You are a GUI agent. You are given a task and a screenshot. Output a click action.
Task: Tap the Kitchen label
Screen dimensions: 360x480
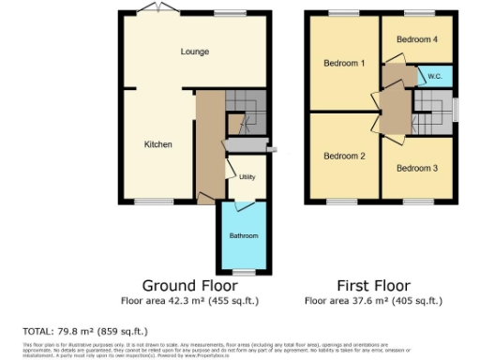[x=157, y=144]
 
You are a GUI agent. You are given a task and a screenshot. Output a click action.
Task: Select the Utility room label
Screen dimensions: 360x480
[x=247, y=177]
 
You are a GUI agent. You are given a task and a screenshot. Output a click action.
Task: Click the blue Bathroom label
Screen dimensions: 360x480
[x=244, y=235]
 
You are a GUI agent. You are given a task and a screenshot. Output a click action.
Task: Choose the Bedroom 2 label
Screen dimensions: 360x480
[x=344, y=156]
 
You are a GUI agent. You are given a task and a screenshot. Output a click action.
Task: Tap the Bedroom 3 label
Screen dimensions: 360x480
[x=416, y=169]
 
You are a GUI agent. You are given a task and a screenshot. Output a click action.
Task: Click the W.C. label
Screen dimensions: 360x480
[x=434, y=75]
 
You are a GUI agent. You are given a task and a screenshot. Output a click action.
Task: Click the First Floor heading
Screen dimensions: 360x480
[x=373, y=285]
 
